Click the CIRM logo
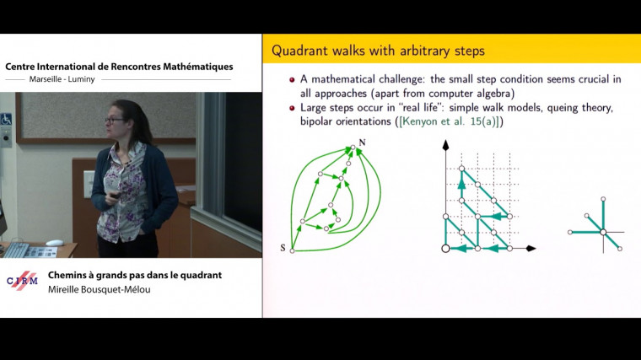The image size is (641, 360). click(22, 281)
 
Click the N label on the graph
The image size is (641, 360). click(362, 142)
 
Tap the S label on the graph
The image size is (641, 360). click(283, 248)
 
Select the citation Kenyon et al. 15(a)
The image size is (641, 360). click(450, 121)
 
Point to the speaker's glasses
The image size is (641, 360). click(114, 121)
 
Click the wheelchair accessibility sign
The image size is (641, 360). click(6, 120)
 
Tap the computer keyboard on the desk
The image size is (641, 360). click(15, 250)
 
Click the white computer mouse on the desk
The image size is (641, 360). click(54, 243)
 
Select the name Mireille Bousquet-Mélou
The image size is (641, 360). click(99, 289)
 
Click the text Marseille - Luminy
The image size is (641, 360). click(62, 79)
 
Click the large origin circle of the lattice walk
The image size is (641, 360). click(445, 248)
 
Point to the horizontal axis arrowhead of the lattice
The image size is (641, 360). click(531, 248)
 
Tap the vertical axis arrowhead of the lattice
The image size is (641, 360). click(445, 145)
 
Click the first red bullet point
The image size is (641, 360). click(292, 80)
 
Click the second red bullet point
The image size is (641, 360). click(292, 108)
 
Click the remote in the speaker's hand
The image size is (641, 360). click(116, 196)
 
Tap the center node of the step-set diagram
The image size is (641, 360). click(603, 232)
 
